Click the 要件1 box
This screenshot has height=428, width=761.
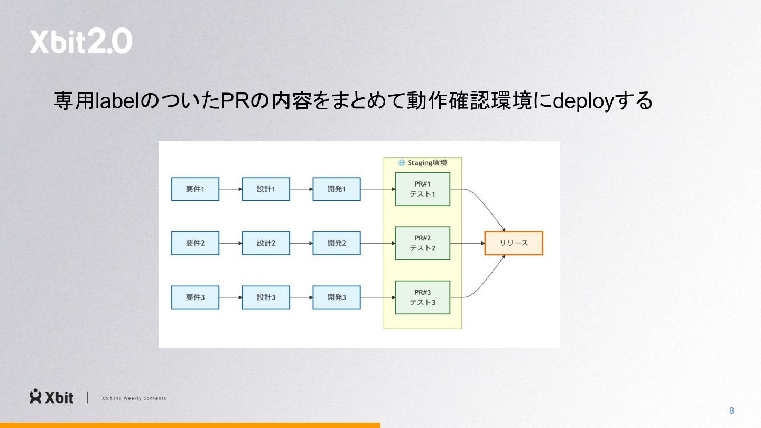[195, 189]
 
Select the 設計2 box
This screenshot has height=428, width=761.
[266, 243]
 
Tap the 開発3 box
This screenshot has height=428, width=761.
[336, 297]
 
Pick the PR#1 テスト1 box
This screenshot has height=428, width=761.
[422, 189]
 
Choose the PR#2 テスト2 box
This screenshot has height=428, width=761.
[422, 243]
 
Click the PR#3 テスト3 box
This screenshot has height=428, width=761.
[422, 297]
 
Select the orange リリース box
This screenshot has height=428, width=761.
[514, 243]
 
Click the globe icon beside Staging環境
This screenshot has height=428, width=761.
[402, 163]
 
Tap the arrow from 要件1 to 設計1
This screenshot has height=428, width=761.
[230, 189]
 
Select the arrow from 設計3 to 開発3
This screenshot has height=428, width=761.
[301, 297]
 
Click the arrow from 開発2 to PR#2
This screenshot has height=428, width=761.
[378, 243]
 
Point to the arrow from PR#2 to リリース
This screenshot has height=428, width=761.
[467, 243]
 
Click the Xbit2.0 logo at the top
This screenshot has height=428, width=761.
[81, 42]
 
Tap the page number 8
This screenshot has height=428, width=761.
[731, 411]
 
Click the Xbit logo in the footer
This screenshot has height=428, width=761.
[51, 397]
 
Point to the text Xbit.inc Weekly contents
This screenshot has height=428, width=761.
[134, 398]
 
